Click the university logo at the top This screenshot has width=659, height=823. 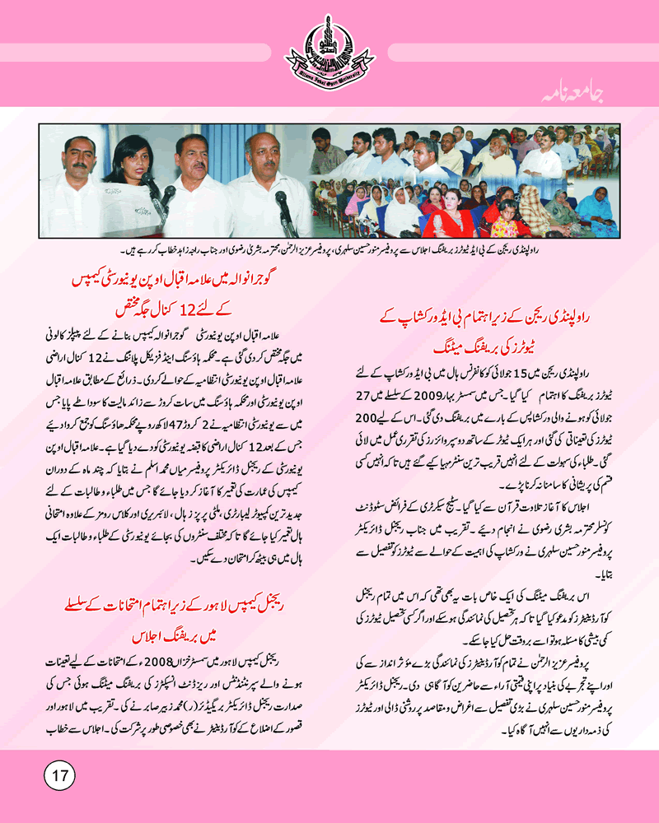click(329, 50)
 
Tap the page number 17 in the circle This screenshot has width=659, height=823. click(58, 774)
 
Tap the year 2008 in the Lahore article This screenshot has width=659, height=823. click(177, 658)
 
